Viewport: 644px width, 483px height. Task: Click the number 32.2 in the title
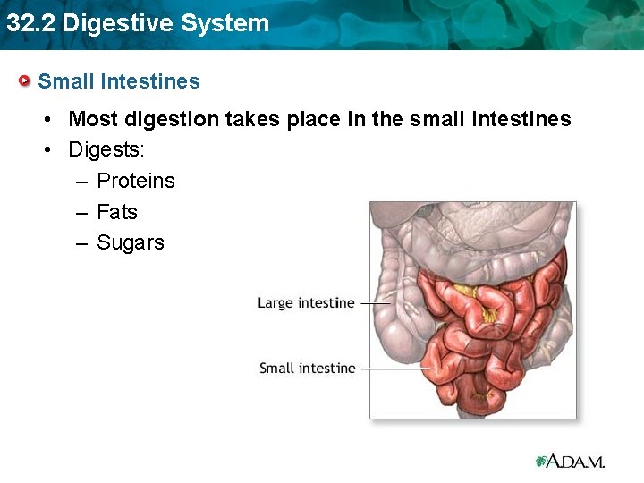tap(30, 23)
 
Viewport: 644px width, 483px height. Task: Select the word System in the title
tap(224, 23)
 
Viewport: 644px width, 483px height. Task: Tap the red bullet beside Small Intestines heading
tap(26, 81)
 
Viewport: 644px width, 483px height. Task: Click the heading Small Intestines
tap(119, 81)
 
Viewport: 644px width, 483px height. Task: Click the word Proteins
tap(136, 181)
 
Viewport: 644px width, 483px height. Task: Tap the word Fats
tap(117, 212)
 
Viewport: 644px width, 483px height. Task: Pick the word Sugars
tap(131, 242)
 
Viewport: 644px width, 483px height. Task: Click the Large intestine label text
tap(306, 303)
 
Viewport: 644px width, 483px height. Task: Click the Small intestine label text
tap(307, 368)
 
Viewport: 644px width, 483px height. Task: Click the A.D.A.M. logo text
tap(577, 462)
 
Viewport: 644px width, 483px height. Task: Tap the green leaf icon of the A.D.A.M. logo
tap(541, 462)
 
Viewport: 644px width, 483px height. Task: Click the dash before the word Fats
tap(82, 212)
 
